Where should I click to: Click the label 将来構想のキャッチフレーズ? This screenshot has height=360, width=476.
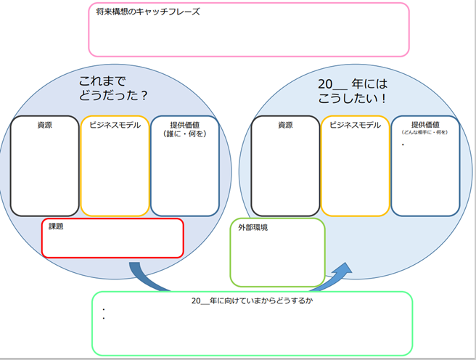tap(148, 12)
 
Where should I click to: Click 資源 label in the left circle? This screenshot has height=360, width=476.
tap(44, 125)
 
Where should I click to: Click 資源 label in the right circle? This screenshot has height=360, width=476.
tap(285, 125)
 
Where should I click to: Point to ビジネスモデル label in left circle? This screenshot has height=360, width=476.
tap(115, 125)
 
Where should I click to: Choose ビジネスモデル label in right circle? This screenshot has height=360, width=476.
tap(355, 125)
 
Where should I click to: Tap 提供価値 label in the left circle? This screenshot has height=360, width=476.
tap(185, 124)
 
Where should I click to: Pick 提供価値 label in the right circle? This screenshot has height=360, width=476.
tap(425, 124)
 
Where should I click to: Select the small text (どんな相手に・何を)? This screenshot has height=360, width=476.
tap(425, 133)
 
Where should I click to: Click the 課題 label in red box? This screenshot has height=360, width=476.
tap(57, 226)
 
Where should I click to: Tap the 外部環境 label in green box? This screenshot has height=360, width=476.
tap(253, 227)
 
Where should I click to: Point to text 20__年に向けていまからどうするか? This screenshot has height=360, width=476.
tap(252, 300)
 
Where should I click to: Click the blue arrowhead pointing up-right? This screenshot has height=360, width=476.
tap(342, 271)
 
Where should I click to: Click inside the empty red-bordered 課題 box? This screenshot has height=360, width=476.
tap(112, 243)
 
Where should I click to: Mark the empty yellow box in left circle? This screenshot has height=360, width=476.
tap(115, 174)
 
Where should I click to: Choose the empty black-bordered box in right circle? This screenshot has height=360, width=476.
tap(285, 174)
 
